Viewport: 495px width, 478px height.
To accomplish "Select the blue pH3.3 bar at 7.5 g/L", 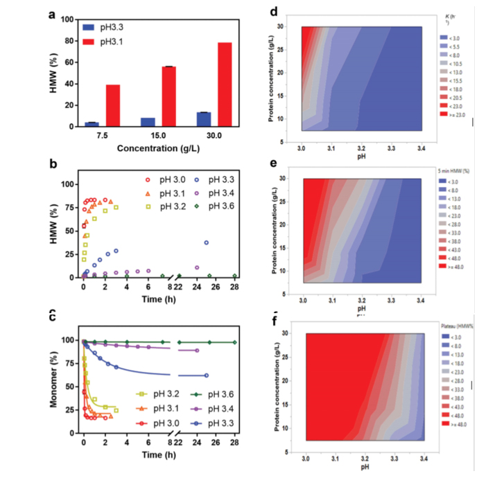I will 92,124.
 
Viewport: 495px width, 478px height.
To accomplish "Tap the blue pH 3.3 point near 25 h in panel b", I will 207,242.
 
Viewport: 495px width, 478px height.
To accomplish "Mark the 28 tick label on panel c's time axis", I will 234,442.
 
